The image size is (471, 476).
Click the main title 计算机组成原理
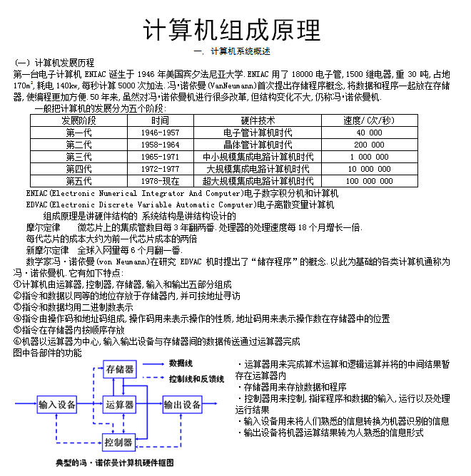(233, 30)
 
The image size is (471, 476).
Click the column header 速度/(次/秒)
(369, 120)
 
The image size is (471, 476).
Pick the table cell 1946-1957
(160, 133)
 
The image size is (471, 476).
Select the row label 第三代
(78, 157)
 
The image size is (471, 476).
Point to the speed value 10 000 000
(369, 169)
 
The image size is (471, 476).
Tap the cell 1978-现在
(160, 181)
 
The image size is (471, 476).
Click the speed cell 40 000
(369, 133)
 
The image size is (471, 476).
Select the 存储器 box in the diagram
(120, 369)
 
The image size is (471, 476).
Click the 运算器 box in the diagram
(120, 405)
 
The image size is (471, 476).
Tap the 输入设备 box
(57, 405)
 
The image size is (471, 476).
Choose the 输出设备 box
(183, 405)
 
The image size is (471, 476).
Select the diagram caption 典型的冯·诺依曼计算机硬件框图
(116, 463)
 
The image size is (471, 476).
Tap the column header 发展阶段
(78, 120)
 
